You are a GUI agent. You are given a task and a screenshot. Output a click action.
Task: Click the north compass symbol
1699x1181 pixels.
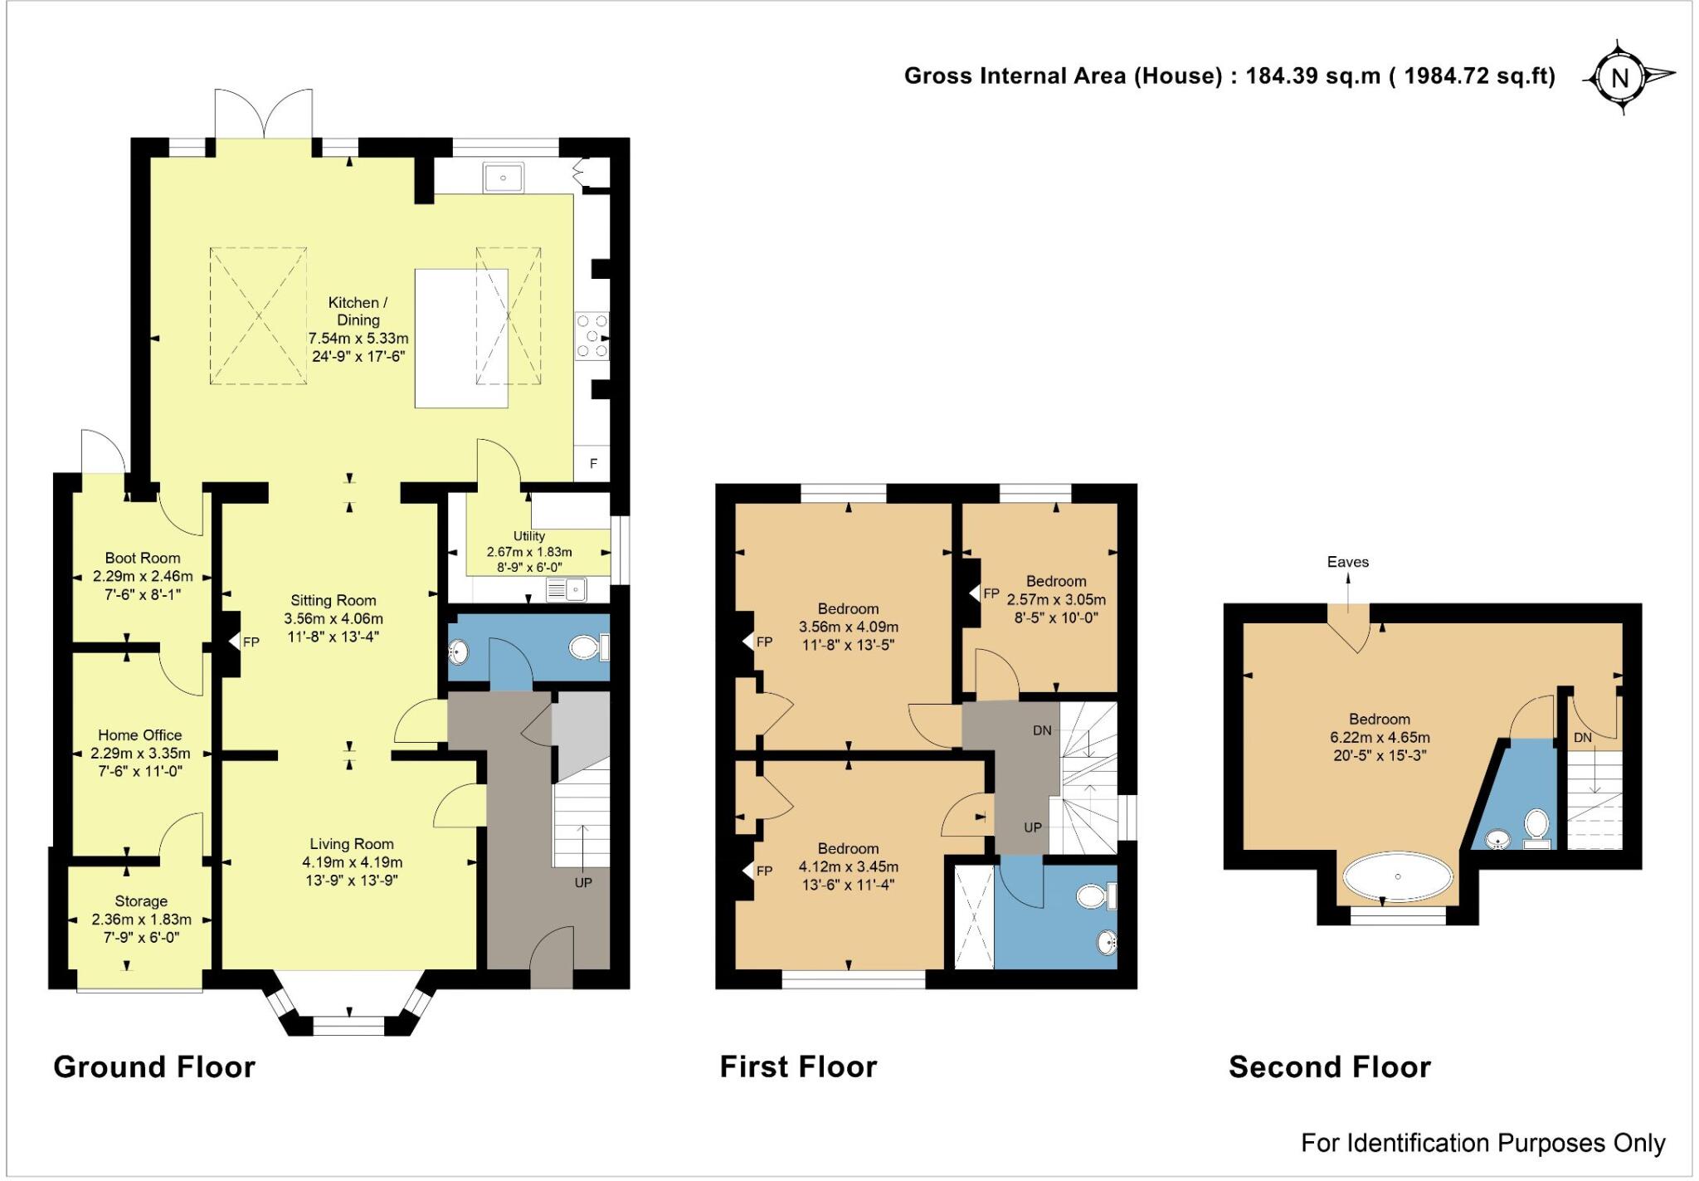(1620, 77)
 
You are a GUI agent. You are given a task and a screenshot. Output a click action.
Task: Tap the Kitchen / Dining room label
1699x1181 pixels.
(358, 311)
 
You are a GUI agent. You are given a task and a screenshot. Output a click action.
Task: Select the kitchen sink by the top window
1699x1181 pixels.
(504, 178)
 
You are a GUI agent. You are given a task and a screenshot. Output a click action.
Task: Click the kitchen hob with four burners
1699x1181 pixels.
(592, 336)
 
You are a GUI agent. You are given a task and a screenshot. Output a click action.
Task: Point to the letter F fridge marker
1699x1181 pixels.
(593, 463)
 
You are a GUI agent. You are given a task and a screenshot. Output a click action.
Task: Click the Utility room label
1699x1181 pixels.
(529, 536)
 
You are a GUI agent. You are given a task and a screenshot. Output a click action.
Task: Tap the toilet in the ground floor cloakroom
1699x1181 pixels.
(590, 647)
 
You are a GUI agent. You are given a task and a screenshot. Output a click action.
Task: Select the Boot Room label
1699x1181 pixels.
(143, 559)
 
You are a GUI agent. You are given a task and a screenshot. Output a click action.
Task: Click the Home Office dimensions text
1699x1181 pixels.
(140, 762)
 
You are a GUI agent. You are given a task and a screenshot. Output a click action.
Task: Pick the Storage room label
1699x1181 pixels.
(141, 901)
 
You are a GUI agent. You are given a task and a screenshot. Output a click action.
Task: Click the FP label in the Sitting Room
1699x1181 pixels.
(251, 642)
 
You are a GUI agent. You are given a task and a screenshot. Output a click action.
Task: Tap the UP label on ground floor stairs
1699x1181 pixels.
(583, 883)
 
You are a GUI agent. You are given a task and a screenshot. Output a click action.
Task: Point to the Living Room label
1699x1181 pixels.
(352, 844)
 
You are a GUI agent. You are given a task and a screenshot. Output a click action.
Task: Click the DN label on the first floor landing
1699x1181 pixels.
(1042, 730)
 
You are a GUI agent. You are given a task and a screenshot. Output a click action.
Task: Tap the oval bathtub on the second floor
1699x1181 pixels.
(1399, 876)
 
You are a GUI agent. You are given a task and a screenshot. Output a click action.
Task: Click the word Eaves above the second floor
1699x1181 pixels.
(1348, 562)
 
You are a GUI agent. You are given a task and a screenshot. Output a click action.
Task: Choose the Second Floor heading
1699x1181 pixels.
(1330, 1066)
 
